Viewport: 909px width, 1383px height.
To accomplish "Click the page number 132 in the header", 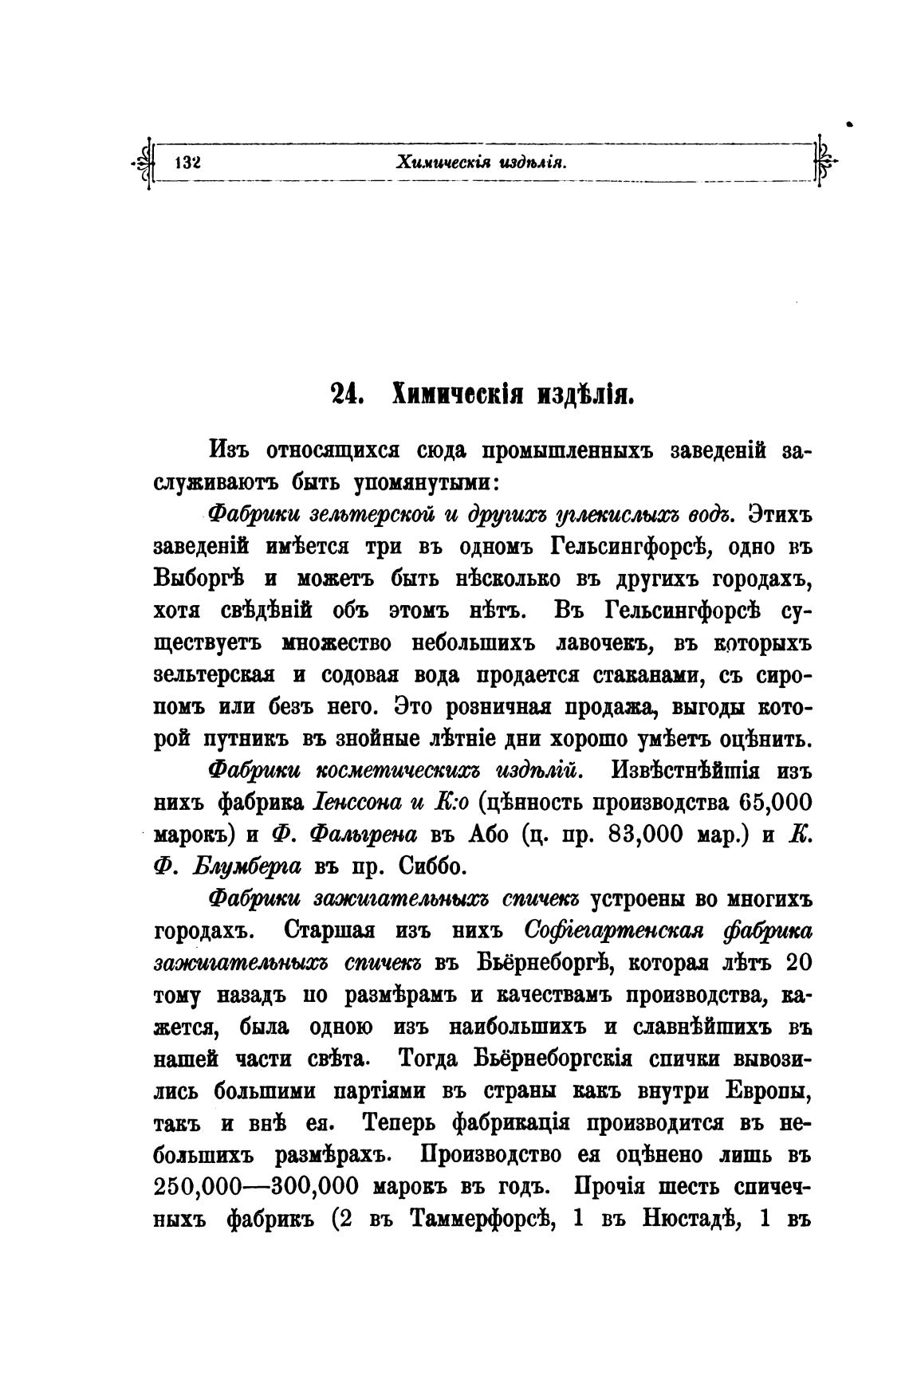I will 186,163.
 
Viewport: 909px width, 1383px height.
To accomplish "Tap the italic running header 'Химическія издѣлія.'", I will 481,163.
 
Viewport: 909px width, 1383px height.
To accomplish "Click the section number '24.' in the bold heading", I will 348,395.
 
